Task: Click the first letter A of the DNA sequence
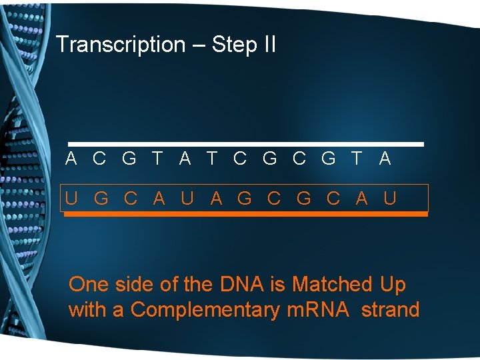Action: point(71,159)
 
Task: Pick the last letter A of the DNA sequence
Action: point(385,159)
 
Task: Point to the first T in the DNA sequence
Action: point(157,159)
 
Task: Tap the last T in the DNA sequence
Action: point(357,159)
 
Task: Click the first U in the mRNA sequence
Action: point(71,198)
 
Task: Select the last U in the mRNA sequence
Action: point(391,198)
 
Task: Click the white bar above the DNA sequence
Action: point(247,144)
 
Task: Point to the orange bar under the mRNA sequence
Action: point(247,214)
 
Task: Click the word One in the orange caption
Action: point(88,285)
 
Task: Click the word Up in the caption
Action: point(393,285)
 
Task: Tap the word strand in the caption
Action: point(390,310)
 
